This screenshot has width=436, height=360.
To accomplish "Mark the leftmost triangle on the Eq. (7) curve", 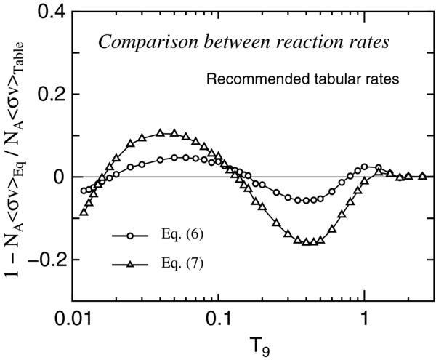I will click(x=83, y=212).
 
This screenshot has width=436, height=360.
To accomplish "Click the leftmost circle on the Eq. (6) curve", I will click(x=84, y=191).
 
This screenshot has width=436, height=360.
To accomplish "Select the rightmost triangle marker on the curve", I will click(x=423, y=176).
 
